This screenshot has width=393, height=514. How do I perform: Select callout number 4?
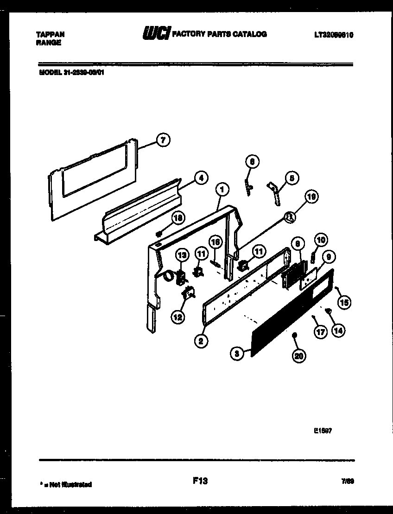(x=201, y=178)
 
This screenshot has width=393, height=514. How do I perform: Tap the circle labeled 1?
(x=222, y=189)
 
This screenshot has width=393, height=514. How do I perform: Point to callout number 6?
(x=253, y=162)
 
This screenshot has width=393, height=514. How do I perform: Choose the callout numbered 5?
(x=292, y=178)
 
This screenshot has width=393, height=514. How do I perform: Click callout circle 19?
(x=311, y=197)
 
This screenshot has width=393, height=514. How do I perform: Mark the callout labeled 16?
(x=216, y=242)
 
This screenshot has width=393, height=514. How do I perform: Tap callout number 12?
(x=178, y=317)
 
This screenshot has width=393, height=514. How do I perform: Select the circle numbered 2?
(x=200, y=342)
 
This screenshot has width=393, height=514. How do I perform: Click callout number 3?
(x=237, y=354)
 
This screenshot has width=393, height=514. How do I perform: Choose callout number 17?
(x=320, y=332)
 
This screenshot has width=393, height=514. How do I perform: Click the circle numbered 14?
(x=339, y=330)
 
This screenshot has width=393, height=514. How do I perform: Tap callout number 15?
(x=344, y=303)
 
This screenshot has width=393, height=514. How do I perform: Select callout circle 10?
(x=321, y=240)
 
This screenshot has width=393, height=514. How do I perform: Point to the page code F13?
(x=200, y=481)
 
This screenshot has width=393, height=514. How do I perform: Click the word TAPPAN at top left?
(x=50, y=34)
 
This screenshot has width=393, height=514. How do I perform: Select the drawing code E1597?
(x=323, y=430)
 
